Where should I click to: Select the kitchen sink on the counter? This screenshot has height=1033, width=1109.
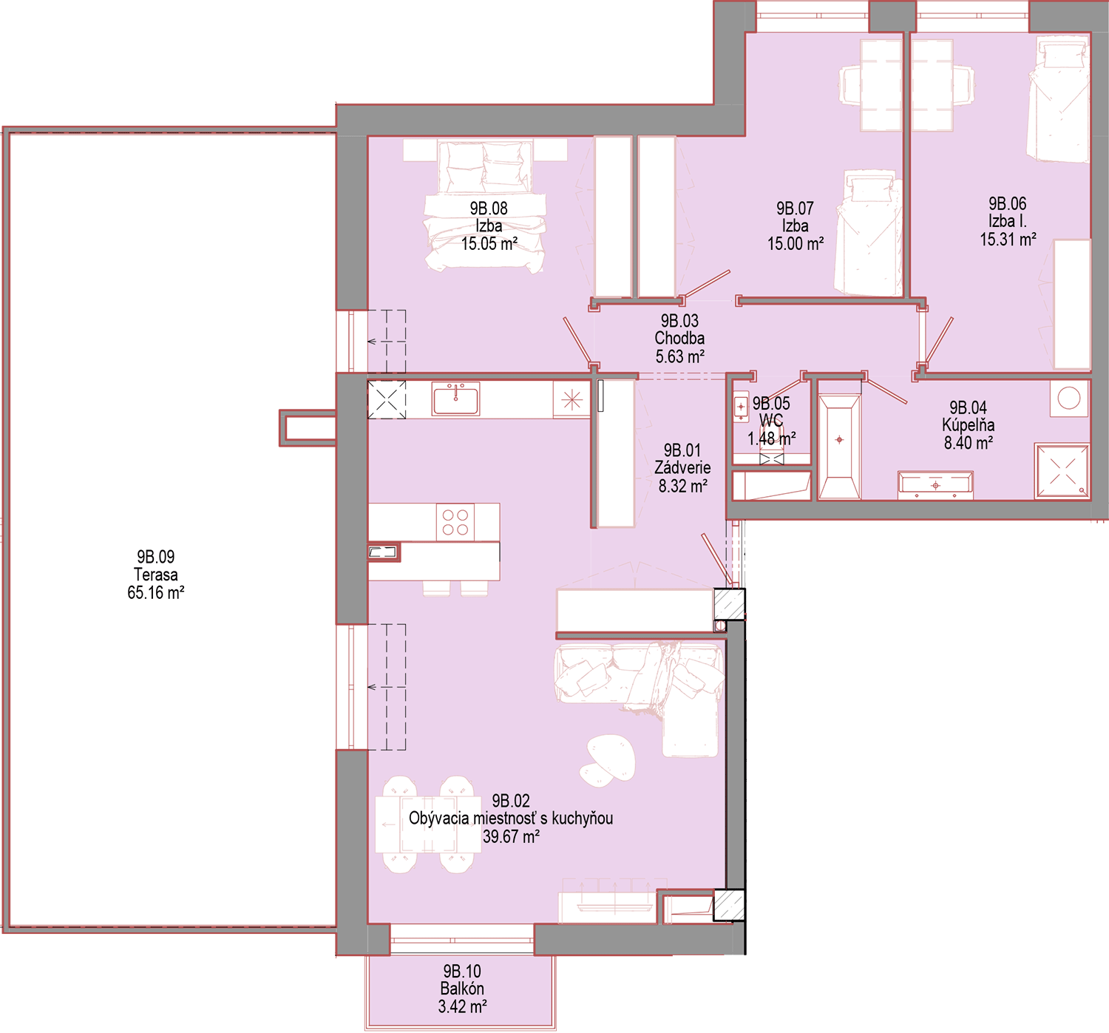(455, 399)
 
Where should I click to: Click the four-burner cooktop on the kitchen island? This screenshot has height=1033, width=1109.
(455, 522)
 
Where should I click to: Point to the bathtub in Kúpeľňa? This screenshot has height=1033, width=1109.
(839, 445)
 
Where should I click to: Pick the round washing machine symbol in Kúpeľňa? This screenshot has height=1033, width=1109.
(1069, 399)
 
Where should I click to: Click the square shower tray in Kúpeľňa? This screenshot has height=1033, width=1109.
(1062, 471)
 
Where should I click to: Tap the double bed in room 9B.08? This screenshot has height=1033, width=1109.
(485, 206)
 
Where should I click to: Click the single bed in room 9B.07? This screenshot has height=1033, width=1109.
(868, 233)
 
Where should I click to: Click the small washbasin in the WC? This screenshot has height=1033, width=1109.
(741, 406)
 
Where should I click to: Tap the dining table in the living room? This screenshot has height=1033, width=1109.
(428, 824)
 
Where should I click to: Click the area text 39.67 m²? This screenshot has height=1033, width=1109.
(511, 836)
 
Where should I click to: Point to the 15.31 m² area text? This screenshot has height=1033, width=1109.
(1008, 239)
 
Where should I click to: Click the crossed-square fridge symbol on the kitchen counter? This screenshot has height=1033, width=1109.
(387, 399)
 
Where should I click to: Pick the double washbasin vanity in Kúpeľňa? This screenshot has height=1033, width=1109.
(935, 485)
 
